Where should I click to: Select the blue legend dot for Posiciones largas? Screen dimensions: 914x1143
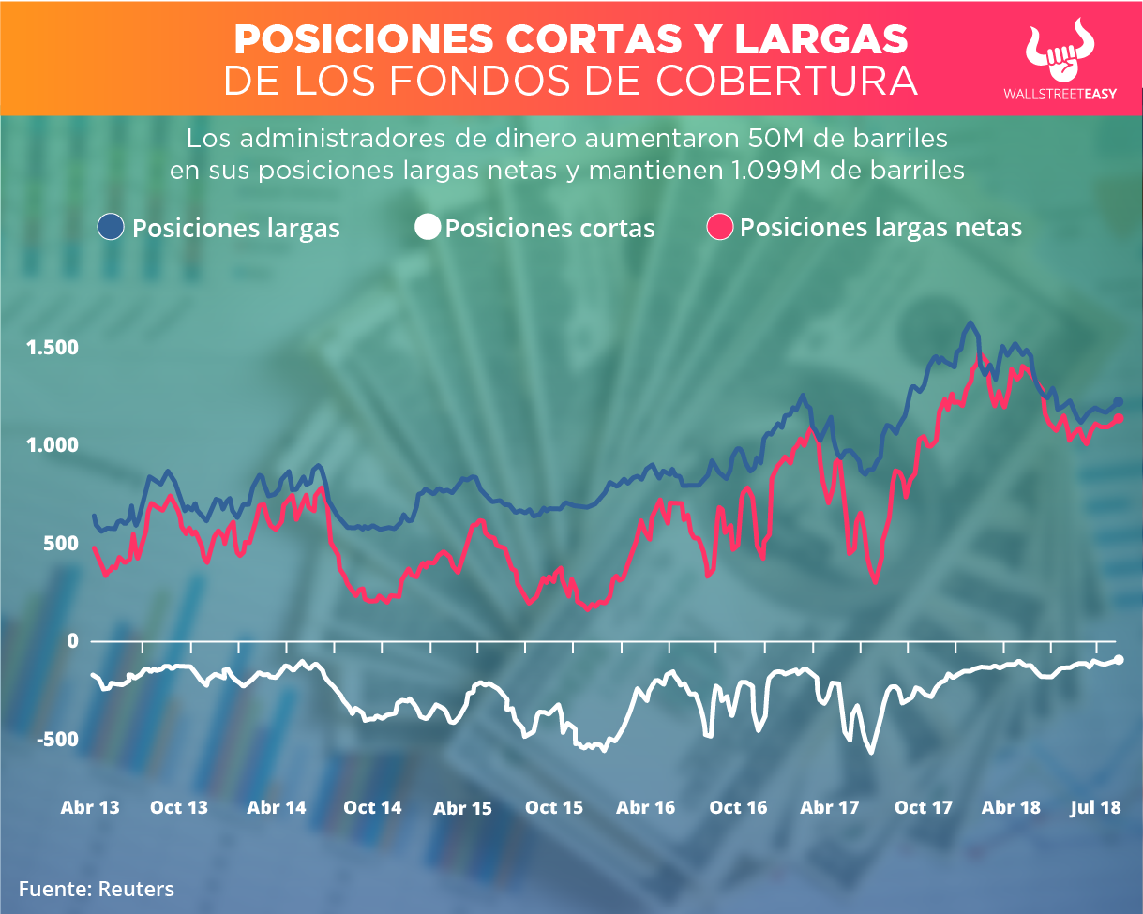(x=112, y=227)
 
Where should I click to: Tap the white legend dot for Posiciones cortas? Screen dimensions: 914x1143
(x=429, y=227)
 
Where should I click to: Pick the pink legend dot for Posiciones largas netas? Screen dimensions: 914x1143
(x=720, y=227)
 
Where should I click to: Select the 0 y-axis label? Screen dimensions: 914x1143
(x=71, y=641)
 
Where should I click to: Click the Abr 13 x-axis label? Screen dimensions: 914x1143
(x=90, y=807)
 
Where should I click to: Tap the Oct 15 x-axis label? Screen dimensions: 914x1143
(x=553, y=808)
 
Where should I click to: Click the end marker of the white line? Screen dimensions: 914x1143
(x=1119, y=660)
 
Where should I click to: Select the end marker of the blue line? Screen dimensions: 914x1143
(x=1119, y=402)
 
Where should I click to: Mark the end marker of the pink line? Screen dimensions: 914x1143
(x=1119, y=419)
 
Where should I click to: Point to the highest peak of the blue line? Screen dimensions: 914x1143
(x=970, y=323)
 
